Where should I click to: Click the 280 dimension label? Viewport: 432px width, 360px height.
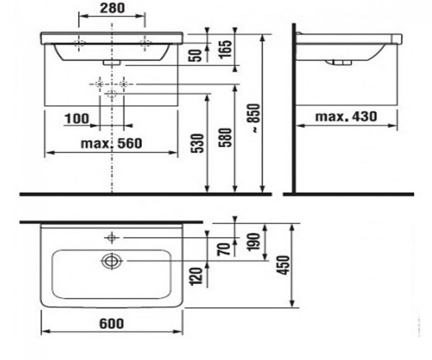click(x=112, y=8)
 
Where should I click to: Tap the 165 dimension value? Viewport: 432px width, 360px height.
click(x=226, y=49)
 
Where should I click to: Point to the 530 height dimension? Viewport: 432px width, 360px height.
click(x=198, y=143)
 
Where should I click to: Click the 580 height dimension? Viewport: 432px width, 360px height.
click(x=226, y=137)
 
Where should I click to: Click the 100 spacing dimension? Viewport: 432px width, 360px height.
click(x=77, y=119)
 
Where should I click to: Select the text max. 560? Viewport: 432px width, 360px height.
click(x=111, y=143)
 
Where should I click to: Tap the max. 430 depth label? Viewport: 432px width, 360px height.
click(x=346, y=116)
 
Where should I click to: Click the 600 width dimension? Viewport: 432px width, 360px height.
click(x=111, y=323)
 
